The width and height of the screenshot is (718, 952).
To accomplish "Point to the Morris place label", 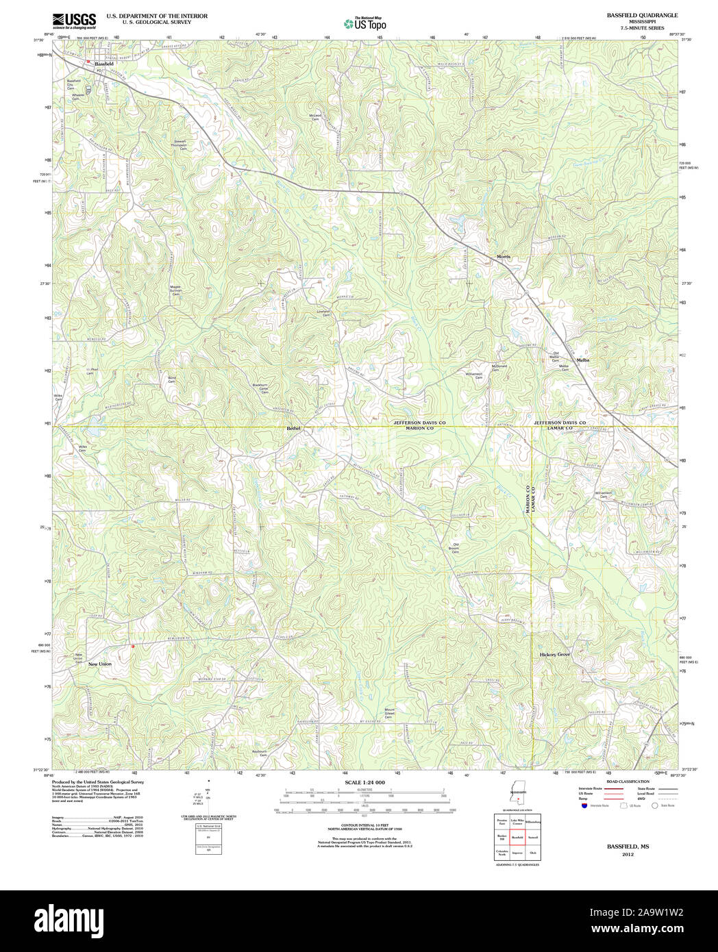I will coord(504,257).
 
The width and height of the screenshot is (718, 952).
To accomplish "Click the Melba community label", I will coord(583,360).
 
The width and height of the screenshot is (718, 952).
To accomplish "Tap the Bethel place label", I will coord(293,428).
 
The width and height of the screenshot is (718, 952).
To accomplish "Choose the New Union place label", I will coord(100,664).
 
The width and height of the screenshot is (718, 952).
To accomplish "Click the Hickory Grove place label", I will coord(555,655).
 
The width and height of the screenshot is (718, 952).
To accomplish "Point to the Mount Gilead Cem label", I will coord(390,713).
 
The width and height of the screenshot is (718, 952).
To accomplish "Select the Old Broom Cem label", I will coord(454,547).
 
